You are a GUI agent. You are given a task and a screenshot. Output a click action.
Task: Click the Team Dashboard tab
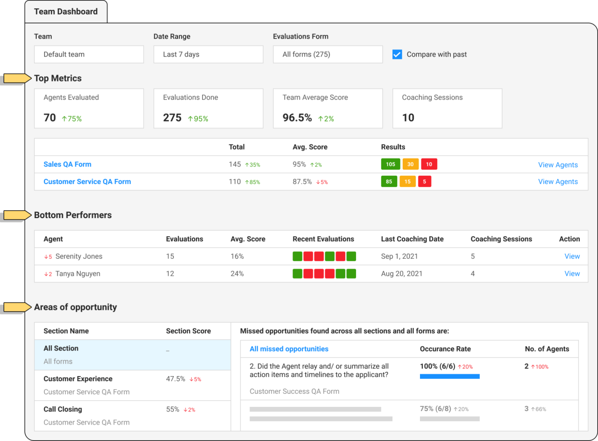[66, 12]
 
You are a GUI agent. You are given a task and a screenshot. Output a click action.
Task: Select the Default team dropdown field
[89, 54]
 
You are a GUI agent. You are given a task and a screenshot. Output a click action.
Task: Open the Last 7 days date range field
[208, 54]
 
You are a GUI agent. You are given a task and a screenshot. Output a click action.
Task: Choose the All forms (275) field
[327, 54]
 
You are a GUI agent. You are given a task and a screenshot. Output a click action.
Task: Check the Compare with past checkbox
[397, 54]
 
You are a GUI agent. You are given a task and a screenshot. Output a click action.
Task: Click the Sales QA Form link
[67, 164]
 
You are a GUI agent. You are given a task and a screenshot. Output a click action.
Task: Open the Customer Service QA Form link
[87, 182]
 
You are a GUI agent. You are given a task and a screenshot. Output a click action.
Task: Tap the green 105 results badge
[390, 164]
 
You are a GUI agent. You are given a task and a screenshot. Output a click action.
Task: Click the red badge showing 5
[424, 182]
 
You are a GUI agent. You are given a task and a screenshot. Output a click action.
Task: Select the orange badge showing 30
[410, 164]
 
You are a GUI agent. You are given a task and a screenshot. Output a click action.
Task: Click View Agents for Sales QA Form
[558, 165]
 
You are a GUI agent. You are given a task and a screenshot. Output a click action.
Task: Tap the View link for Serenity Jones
[572, 256]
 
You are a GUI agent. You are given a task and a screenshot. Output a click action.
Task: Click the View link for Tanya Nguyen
[572, 274]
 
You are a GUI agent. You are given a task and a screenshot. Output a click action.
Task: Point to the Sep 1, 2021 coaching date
[399, 256]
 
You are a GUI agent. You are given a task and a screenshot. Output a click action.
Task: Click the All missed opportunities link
[289, 349]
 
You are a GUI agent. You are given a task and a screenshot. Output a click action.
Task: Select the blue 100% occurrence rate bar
[449, 376]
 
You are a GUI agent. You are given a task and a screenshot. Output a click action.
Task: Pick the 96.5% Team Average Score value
[297, 118]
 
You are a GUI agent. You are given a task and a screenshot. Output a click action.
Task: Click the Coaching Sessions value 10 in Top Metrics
[408, 118]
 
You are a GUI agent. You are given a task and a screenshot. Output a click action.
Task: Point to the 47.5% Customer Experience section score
[176, 379]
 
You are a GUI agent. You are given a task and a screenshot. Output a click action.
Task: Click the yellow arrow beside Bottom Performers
[17, 215]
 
